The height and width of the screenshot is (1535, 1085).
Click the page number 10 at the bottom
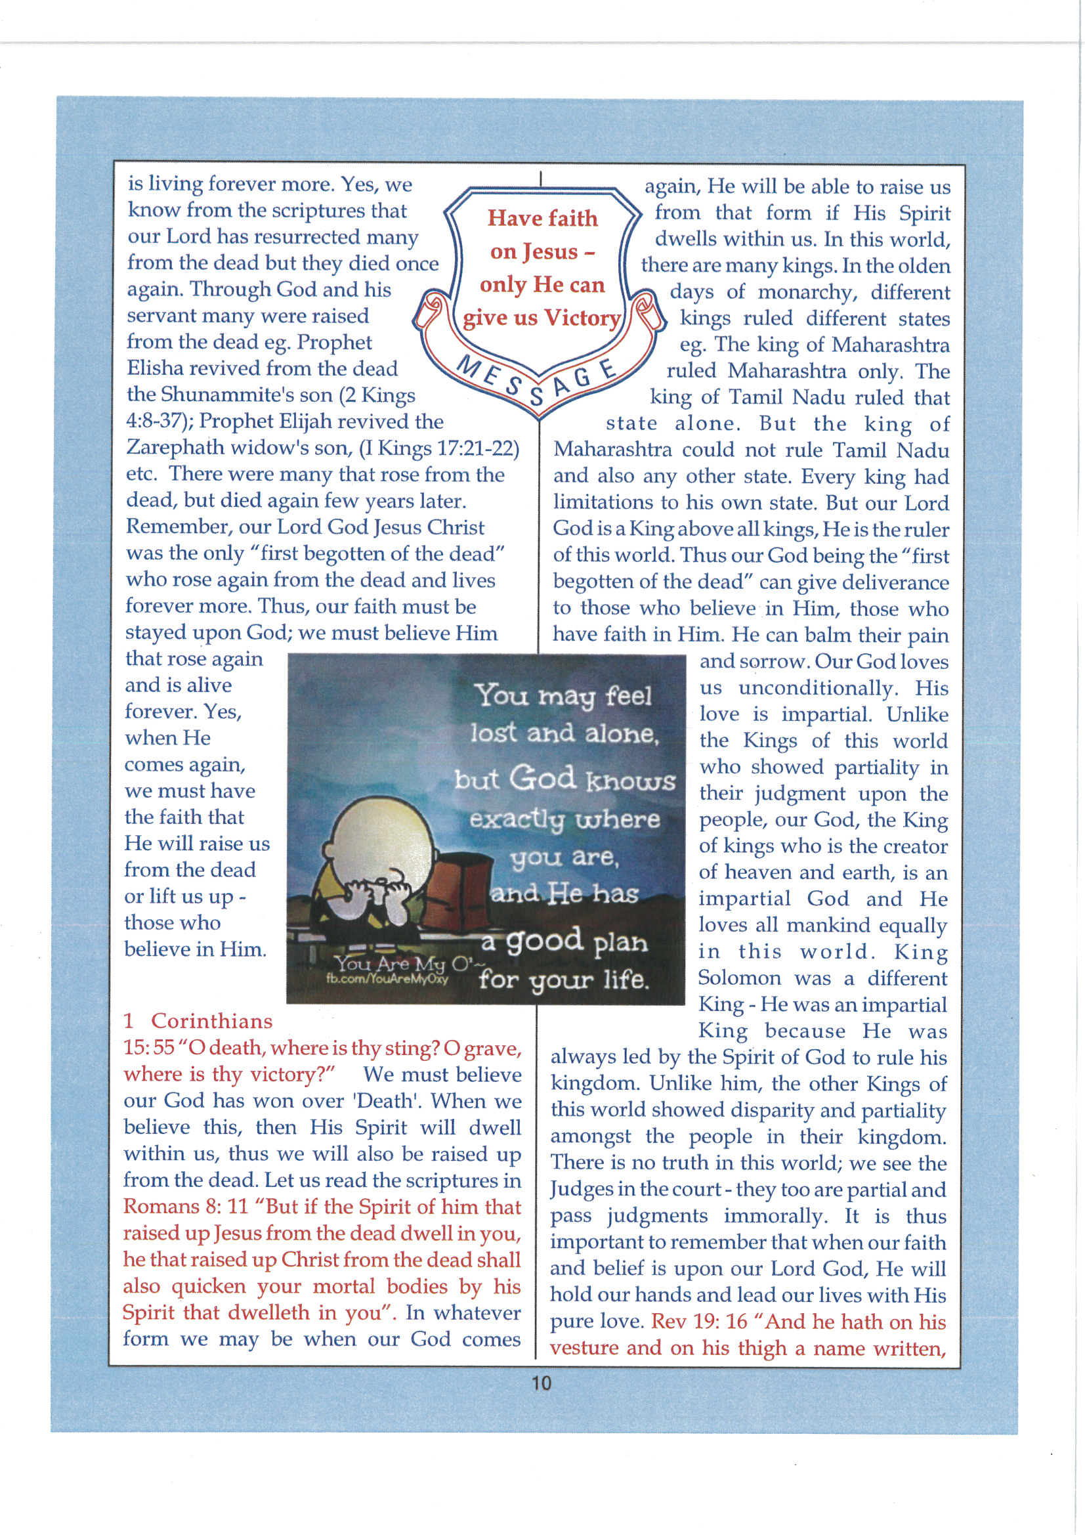coord(541,1382)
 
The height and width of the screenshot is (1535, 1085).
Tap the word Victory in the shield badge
coord(582,318)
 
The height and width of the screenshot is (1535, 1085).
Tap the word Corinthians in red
coord(211,1021)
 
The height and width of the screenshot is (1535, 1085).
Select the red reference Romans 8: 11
coord(185,1207)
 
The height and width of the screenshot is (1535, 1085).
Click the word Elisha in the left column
coord(156,369)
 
